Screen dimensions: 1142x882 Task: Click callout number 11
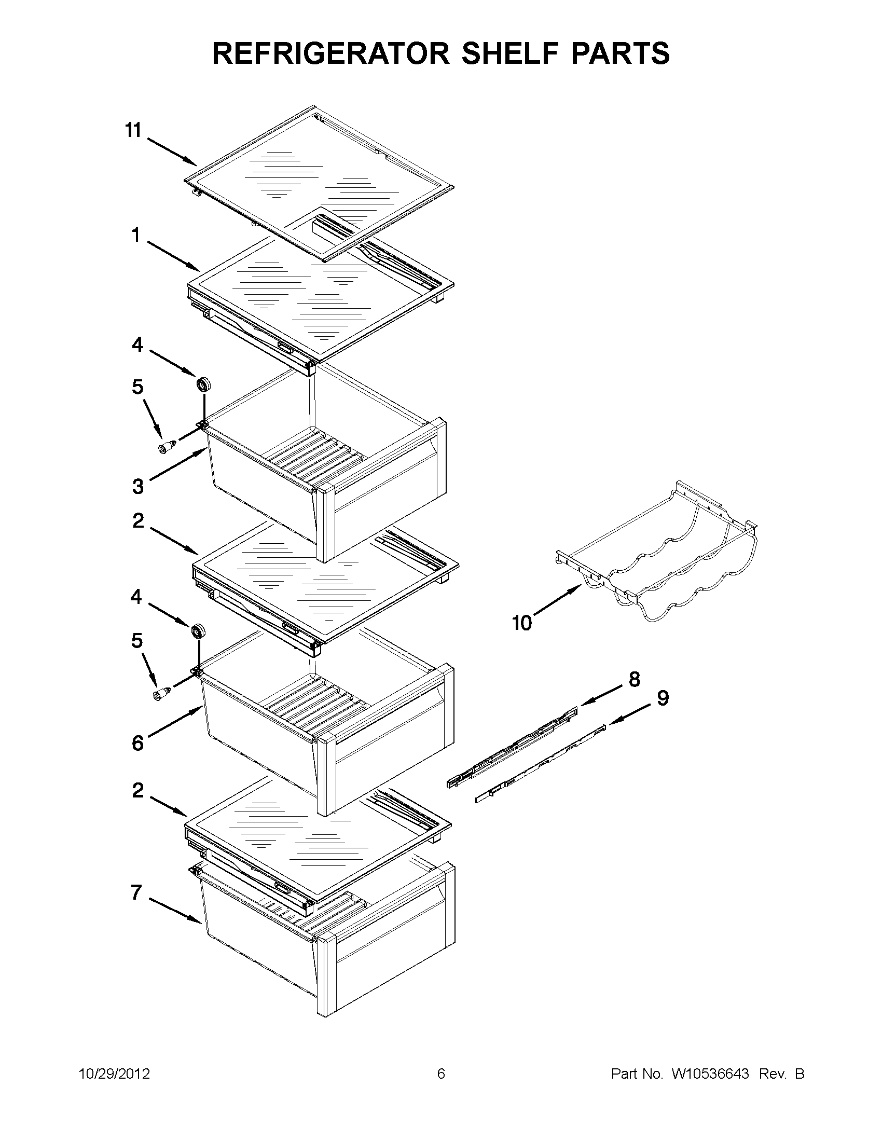coord(133,130)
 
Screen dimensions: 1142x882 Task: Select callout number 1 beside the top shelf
coord(136,236)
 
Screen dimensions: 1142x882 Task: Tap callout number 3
coord(137,487)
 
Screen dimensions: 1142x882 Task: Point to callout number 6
coord(137,742)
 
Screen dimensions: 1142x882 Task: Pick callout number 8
coord(634,679)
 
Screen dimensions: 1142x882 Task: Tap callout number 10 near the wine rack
coord(522,623)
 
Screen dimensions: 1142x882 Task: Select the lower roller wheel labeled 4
coord(197,631)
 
